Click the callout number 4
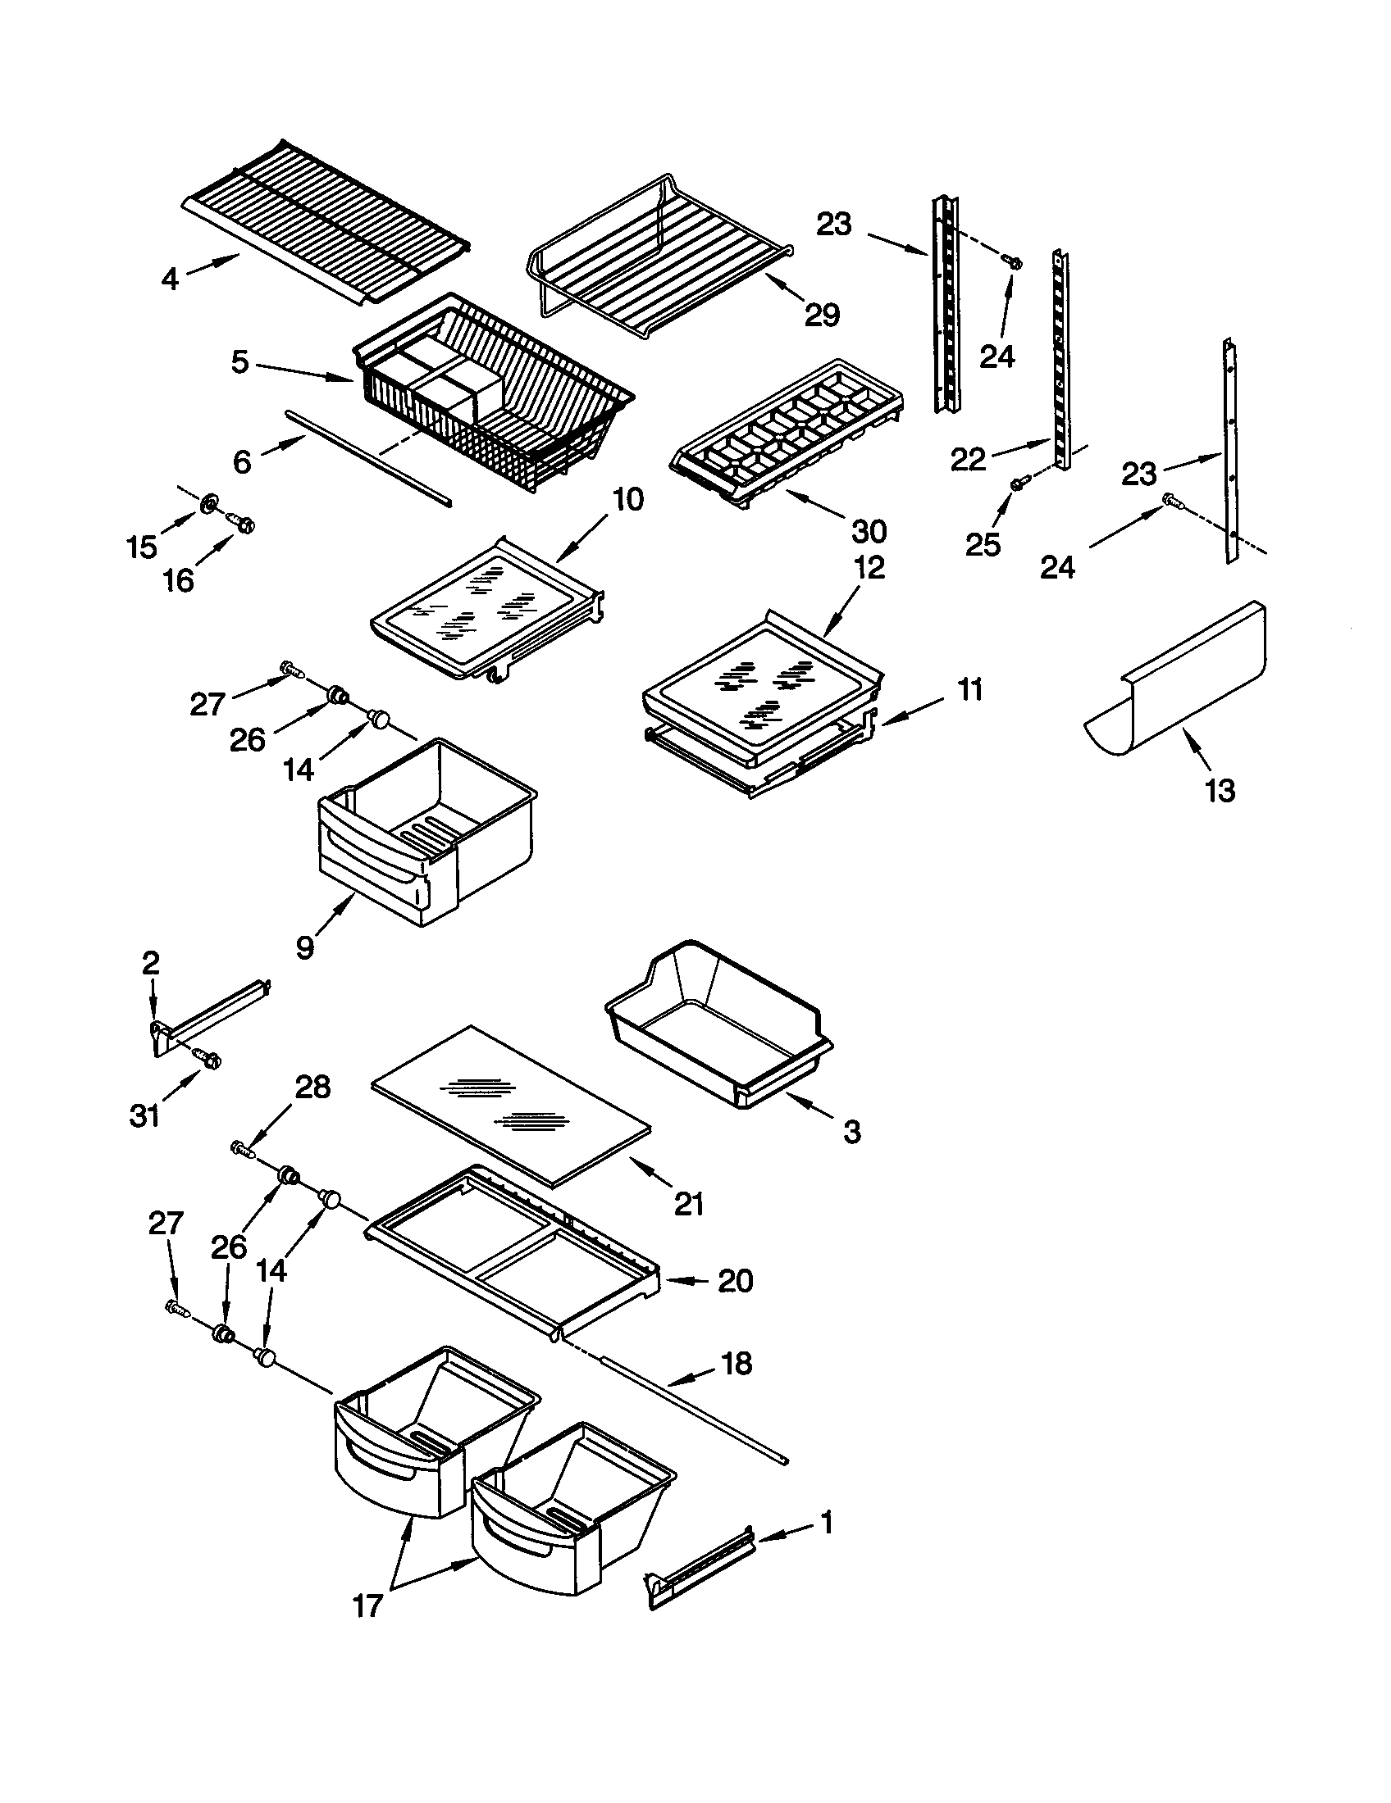click(169, 279)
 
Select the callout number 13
click(1220, 791)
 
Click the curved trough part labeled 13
click(1181, 685)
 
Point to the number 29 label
click(822, 315)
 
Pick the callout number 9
click(305, 947)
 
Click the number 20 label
click(735, 1280)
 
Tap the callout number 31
click(144, 1116)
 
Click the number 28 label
click(312, 1088)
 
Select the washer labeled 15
click(209, 500)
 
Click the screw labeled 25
click(1019, 484)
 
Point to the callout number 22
click(968, 461)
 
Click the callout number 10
click(627, 499)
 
